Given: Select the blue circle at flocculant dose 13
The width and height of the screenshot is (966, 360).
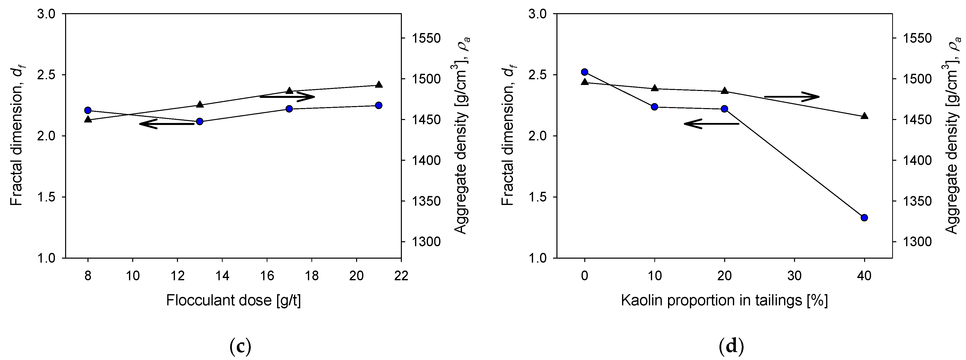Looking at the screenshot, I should (x=200, y=121).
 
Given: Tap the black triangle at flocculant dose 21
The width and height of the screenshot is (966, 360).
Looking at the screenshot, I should (x=379, y=84).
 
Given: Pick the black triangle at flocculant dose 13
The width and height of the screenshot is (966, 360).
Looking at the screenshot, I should (x=200, y=104).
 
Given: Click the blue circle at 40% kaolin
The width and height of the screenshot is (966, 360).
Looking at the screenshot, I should (x=864, y=217).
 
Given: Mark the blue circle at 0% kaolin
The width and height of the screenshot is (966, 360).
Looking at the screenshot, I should (x=584, y=72).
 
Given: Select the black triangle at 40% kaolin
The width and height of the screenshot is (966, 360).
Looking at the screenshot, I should (x=864, y=116).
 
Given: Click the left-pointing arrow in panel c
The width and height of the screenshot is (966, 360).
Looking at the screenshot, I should (x=166, y=124).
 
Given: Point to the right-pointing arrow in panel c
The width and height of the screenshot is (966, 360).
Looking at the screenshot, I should (x=287, y=96).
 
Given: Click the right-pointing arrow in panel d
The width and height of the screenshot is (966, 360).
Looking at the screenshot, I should (x=792, y=97).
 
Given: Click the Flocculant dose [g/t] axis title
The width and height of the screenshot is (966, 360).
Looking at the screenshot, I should (x=233, y=300).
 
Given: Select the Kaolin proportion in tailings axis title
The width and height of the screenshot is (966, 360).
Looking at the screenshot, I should (x=724, y=300).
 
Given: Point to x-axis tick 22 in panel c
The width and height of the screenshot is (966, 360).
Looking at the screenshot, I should (x=401, y=276).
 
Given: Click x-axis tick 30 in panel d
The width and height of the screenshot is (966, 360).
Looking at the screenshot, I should (x=794, y=276).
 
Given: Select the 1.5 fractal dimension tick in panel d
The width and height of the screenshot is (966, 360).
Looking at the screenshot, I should (x=537, y=197).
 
